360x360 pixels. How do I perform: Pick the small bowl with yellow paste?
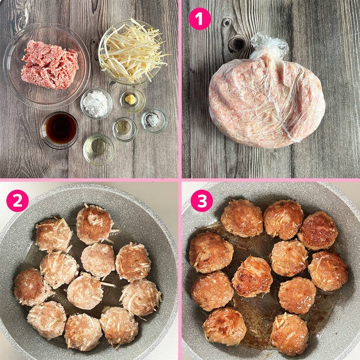(x=132, y=100)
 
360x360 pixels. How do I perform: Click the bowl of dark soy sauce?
(x=60, y=129)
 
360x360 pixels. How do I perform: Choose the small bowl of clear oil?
(x=98, y=149)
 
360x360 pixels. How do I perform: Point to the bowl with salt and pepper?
(x=154, y=120)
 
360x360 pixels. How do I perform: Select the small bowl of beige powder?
(x=124, y=128)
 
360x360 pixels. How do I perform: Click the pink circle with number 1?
(x=200, y=19)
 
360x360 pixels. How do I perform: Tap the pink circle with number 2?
(x=17, y=201)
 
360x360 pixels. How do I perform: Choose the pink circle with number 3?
(x=202, y=201)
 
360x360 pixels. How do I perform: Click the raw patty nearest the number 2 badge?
(x=53, y=235)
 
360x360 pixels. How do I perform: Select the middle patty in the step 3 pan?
(x=252, y=277)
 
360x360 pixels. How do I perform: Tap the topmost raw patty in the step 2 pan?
(x=94, y=224)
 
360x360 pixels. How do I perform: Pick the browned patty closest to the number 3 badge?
(x=242, y=218)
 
